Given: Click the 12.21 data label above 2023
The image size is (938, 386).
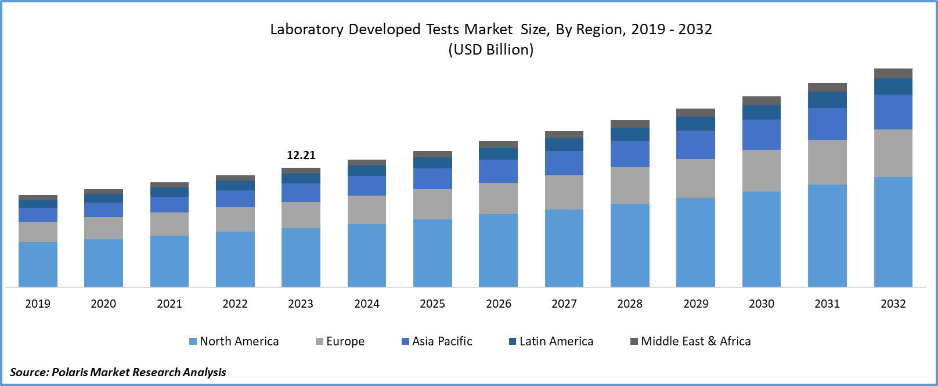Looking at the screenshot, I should [301, 155].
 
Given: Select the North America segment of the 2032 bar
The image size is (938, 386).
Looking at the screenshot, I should [893, 232].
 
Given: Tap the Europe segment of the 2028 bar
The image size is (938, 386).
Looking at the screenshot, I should [630, 185].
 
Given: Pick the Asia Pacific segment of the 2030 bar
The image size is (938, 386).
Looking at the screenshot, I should [761, 135].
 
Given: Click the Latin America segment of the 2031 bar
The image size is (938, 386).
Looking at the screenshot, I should [827, 100].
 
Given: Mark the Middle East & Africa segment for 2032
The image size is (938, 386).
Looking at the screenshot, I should [893, 74].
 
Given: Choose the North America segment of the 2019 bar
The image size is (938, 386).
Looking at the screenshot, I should [38, 264].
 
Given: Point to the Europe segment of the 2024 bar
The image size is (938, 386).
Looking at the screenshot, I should [367, 210].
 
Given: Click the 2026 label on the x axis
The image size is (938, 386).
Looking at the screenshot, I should [499, 304].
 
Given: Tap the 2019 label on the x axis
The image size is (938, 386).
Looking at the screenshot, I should [38, 304].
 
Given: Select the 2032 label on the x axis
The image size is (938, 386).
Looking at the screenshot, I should [893, 304].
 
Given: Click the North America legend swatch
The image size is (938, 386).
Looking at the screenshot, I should [193, 341].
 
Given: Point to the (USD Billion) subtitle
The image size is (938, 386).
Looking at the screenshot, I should [491, 50].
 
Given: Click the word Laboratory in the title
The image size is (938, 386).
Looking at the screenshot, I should [306, 30].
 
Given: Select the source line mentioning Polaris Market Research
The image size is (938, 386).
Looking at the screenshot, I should [118, 372].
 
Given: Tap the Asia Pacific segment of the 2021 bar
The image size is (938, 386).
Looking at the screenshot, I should [169, 204].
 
